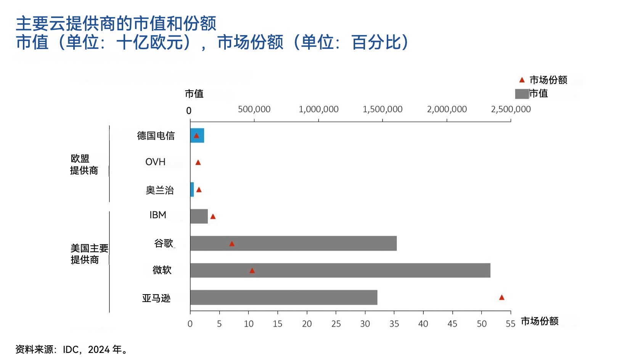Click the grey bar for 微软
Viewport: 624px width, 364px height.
(x=340, y=270)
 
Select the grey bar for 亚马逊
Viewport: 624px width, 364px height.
(x=283, y=297)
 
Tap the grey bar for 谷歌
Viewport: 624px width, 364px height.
(x=293, y=243)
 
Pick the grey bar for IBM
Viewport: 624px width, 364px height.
(x=199, y=216)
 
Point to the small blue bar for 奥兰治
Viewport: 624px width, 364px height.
(x=192, y=190)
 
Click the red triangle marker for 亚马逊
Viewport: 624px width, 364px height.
(x=502, y=297)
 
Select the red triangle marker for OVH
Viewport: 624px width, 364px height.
(x=198, y=163)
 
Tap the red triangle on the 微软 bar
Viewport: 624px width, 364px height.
(x=252, y=271)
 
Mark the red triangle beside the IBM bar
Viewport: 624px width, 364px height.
(x=213, y=217)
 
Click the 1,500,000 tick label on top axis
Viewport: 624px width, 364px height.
(x=382, y=110)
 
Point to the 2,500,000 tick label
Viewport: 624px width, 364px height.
(x=511, y=110)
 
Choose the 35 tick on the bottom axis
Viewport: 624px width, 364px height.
(x=394, y=324)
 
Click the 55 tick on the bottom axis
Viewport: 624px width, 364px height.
(x=510, y=324)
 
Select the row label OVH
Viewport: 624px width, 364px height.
(x=155, y=162)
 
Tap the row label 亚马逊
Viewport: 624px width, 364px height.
(x=156, y=298)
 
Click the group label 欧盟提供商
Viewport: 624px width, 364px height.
(x=84, y=164)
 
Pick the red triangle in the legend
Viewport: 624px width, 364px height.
(x=522, y=80)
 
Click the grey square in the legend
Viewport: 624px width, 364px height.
(x=521, y=93)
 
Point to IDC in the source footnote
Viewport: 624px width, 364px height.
(x=71, y=350)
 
